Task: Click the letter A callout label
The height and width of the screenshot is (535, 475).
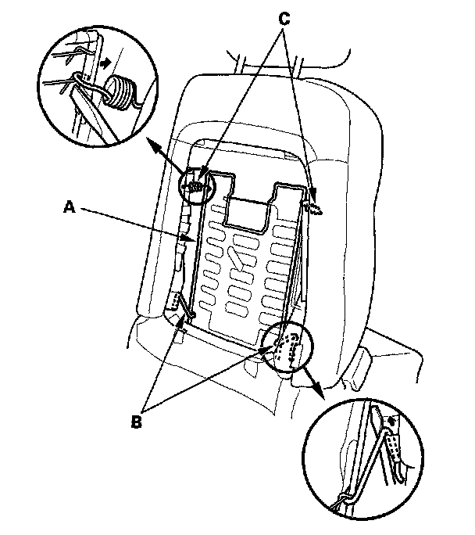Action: (x=70, y=206)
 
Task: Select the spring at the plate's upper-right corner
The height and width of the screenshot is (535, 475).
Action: (x=312, y=206)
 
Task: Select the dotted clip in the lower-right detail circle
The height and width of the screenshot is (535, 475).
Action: (x=390, y=449)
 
